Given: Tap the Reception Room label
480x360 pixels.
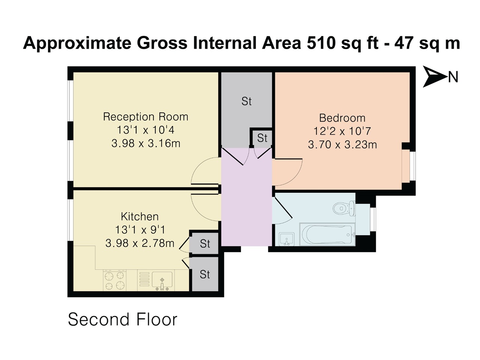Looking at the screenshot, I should tap(145, 117).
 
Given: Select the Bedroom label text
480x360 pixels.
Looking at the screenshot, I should tap(342, 118).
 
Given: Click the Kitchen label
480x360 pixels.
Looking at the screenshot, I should tap(139, 216).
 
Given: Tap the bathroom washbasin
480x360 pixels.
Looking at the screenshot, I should tap(287, 238).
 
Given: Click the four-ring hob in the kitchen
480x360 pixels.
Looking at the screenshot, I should tap(114, 280).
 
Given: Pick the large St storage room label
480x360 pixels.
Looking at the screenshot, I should tap(246, 101).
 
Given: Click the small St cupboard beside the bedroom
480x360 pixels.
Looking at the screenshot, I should tap(262, 138).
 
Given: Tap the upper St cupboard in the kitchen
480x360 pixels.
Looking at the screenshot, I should tap(205, 244).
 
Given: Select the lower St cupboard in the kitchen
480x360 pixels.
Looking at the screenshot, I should tap(205, 274).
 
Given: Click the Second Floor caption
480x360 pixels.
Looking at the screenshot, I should tap(122, 319).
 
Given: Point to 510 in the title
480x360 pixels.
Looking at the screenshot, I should tap(321, 43).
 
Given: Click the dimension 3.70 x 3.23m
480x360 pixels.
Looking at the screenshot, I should tap(342, 144).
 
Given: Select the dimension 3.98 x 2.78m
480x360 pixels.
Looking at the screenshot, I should tap(139, 243).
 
